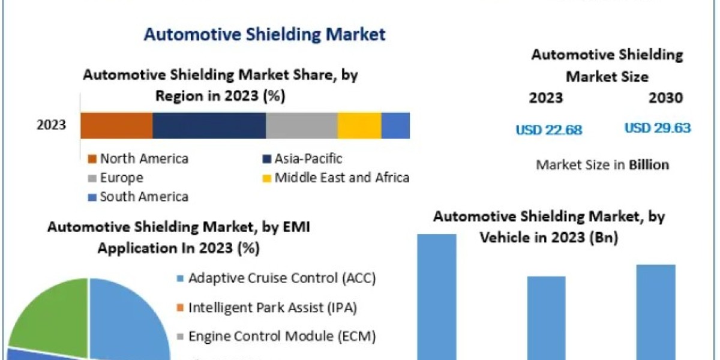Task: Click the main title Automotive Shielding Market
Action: coord(265,34)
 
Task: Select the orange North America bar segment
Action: coord(116,125)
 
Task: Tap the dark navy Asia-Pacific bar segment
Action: coord(209,125)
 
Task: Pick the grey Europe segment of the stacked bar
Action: coord(301,125)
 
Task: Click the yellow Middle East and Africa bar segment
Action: coord(359,125)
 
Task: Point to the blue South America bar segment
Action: coord(395,125)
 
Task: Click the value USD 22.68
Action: coord(549,130)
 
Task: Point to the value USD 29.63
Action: coord(658,128)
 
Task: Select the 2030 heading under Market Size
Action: coord(665,98)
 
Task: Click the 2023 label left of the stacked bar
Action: coord(52,125)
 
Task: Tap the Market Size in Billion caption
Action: coord(602,164)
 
